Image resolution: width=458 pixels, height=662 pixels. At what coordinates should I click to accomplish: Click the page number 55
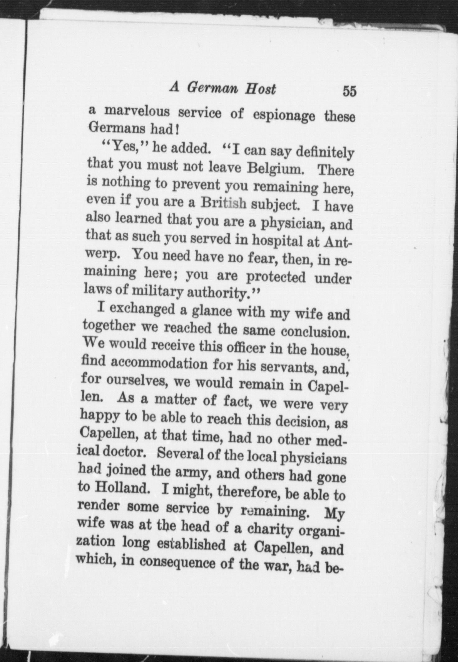click(x=349, y=92)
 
